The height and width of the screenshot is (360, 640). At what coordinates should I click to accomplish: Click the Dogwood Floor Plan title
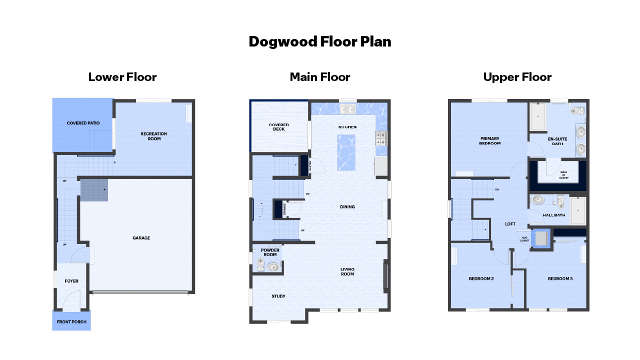[320, 41]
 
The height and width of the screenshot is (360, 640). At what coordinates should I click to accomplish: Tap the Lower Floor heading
[122, 77]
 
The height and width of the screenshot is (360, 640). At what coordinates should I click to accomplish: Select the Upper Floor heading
[517, 77]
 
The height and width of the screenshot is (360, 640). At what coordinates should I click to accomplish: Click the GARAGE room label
[141, 238]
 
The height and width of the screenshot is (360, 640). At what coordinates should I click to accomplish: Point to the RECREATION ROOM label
[154, 136]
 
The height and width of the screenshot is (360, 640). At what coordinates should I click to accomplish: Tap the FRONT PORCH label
[71, 322]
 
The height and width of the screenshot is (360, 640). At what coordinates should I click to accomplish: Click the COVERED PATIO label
[83, 123]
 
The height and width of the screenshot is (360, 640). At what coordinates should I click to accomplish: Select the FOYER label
[71, 281]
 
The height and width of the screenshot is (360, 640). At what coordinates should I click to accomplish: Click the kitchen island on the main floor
[346, 152]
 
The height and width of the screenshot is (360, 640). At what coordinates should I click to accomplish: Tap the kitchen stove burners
[381, 138]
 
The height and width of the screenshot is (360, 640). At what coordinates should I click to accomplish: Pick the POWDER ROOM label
[270, 252]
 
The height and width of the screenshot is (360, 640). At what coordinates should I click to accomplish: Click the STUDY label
[278, 296]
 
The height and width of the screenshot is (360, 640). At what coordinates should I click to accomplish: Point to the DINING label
[347, 206]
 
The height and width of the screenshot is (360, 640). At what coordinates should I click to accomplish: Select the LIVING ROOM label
[347, 271]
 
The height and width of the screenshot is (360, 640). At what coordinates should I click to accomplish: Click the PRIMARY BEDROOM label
[490, 141]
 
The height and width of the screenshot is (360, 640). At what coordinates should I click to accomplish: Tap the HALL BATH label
[553, 215]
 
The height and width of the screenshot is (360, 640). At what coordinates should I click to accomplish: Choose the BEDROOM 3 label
[560, 278]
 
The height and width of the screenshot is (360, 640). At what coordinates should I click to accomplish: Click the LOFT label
[510, 224]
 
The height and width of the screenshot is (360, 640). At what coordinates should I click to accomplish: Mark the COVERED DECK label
[278, 127]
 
